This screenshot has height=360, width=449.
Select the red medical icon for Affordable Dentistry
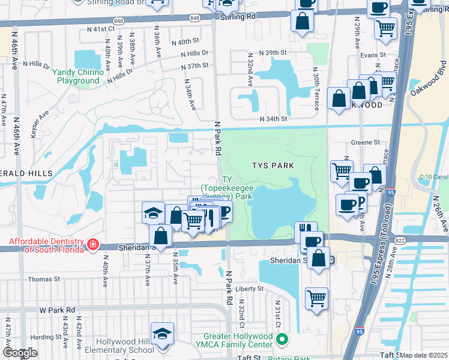point(92,244)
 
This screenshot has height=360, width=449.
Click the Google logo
point(20,353)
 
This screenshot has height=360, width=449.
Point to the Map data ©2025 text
point(424,355)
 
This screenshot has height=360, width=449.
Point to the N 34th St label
point(274,119)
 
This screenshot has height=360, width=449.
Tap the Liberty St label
point(250,289)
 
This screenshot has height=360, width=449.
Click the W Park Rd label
point(57,310)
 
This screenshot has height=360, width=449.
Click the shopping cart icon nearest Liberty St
point(316,298)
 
